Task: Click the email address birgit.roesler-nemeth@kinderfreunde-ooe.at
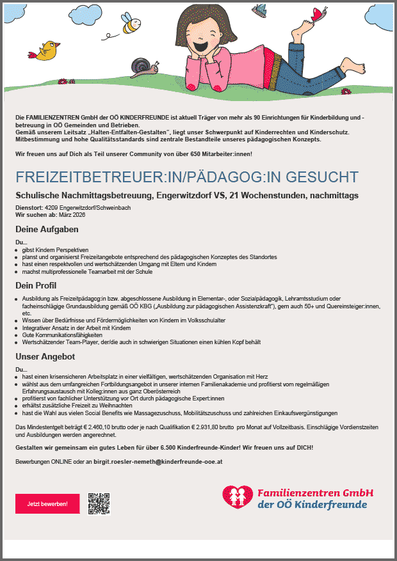coord(158,461)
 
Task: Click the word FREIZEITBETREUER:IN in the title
coord(83,177)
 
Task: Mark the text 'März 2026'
coord(72,215)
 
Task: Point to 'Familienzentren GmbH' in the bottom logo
coord(315,493)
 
